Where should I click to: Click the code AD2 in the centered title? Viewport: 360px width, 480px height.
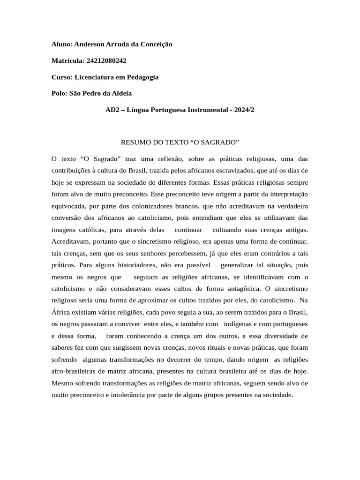click(113, 110)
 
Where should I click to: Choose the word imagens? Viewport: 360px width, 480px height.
click(64, 230)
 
